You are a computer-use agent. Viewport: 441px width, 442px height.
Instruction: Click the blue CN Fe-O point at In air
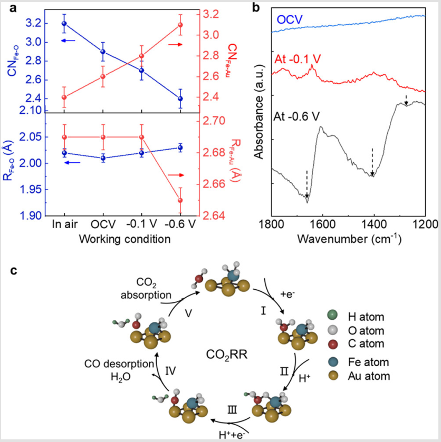click(64, 23)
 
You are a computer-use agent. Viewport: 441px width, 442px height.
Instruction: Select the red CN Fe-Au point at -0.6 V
click(180, 25)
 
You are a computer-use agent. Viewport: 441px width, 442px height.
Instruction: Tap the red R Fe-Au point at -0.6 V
click(180, 200)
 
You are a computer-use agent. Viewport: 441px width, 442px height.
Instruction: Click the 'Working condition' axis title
click(124, 239)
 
